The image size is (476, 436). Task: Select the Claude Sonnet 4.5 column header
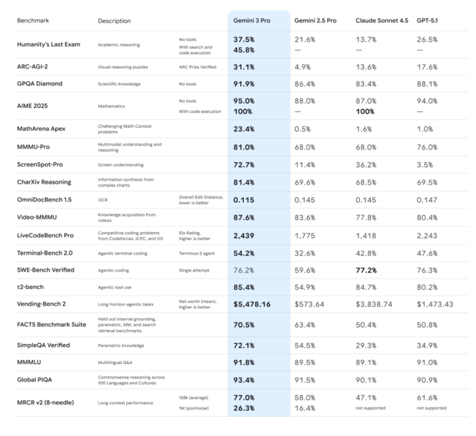tap(381, 21)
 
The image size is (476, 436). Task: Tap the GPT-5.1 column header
tap(428, 21)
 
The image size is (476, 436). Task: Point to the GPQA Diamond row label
tap(40, 84)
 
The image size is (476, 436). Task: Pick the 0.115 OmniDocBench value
tap(243, 199)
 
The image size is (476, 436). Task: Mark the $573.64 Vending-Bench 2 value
tap(309, 304)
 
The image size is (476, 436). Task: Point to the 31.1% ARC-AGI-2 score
tap(245, 67)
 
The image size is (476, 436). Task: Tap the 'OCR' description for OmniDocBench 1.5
tap(103, 199)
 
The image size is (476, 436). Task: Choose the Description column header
tap(114, 21)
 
